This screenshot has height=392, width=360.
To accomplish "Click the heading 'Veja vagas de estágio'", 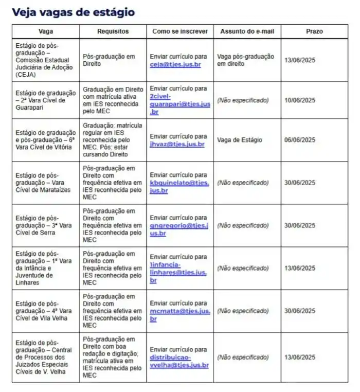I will point(74,12).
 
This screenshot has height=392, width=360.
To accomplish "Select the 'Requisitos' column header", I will point(113,31).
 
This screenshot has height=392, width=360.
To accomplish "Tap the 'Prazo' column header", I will point(314,31).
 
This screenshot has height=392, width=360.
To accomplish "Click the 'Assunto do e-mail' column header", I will point(247,31).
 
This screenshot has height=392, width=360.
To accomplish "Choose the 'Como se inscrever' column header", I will point(180,31).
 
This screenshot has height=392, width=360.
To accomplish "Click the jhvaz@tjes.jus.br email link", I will point(177,144).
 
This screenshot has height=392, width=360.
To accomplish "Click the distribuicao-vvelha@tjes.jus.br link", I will point(179,361).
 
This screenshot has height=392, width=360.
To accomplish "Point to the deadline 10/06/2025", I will point(299,100).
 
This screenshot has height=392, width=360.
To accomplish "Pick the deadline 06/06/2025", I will point(299,140).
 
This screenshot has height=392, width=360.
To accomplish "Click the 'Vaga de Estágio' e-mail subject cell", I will point(240,140).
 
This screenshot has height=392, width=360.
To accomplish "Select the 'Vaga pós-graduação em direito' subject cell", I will point(246,60).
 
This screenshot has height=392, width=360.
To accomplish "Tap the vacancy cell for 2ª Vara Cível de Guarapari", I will point(46,100).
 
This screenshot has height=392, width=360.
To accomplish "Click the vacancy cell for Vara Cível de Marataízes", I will point(46,183).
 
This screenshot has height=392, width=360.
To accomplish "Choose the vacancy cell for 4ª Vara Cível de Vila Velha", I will point(46,311).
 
